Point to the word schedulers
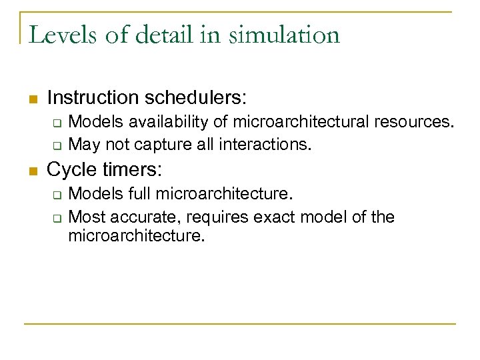[194, 98]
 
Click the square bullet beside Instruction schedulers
[31, 99]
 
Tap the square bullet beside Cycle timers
[31, 171]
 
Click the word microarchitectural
[279, 123]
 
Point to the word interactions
[273, 144]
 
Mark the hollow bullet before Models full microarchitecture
[57, 195]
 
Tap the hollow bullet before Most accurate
[57, 218]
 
